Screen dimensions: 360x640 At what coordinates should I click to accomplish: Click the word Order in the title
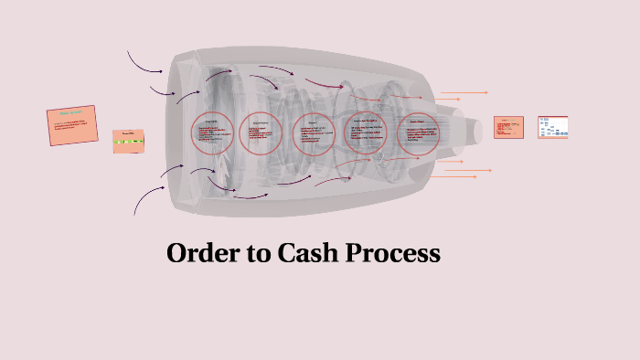point(199,253)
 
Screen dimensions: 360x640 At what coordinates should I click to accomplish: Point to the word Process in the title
point(393,253)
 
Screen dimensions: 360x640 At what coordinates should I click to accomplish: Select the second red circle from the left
point(261,134)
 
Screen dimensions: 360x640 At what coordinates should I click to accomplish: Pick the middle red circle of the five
point(315,134)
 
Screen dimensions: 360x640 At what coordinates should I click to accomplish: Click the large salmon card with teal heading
point(72,127)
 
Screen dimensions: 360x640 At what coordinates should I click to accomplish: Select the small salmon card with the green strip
point(129,142)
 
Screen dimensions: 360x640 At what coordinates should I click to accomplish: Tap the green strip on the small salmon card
point(129,143)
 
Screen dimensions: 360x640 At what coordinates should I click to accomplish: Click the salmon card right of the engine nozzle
point(508,127)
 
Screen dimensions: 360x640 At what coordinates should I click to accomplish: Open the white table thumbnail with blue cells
point(553,127)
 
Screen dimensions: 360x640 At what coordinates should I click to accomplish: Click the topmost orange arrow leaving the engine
point(464,92)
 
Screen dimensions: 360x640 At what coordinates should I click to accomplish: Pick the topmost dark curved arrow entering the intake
point(144,63)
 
